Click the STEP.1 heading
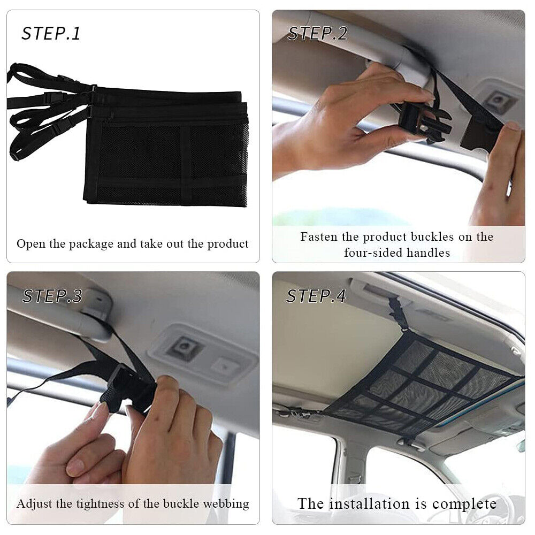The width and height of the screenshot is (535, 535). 51,33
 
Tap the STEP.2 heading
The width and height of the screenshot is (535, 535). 317,33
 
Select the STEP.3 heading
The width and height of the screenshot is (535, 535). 52,296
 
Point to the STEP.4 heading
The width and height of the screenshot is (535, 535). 316,296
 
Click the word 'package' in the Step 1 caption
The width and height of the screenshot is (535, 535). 91,244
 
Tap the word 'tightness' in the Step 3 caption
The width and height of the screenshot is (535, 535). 100,505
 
